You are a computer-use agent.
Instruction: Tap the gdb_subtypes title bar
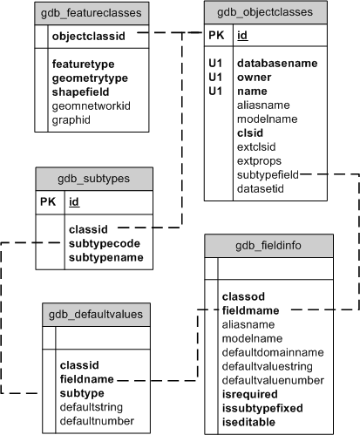pos(93,178)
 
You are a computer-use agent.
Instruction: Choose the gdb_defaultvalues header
pos(97,313)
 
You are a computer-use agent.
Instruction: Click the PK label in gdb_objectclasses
pos(216,37)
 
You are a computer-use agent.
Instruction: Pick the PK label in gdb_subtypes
pos(49,202)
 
